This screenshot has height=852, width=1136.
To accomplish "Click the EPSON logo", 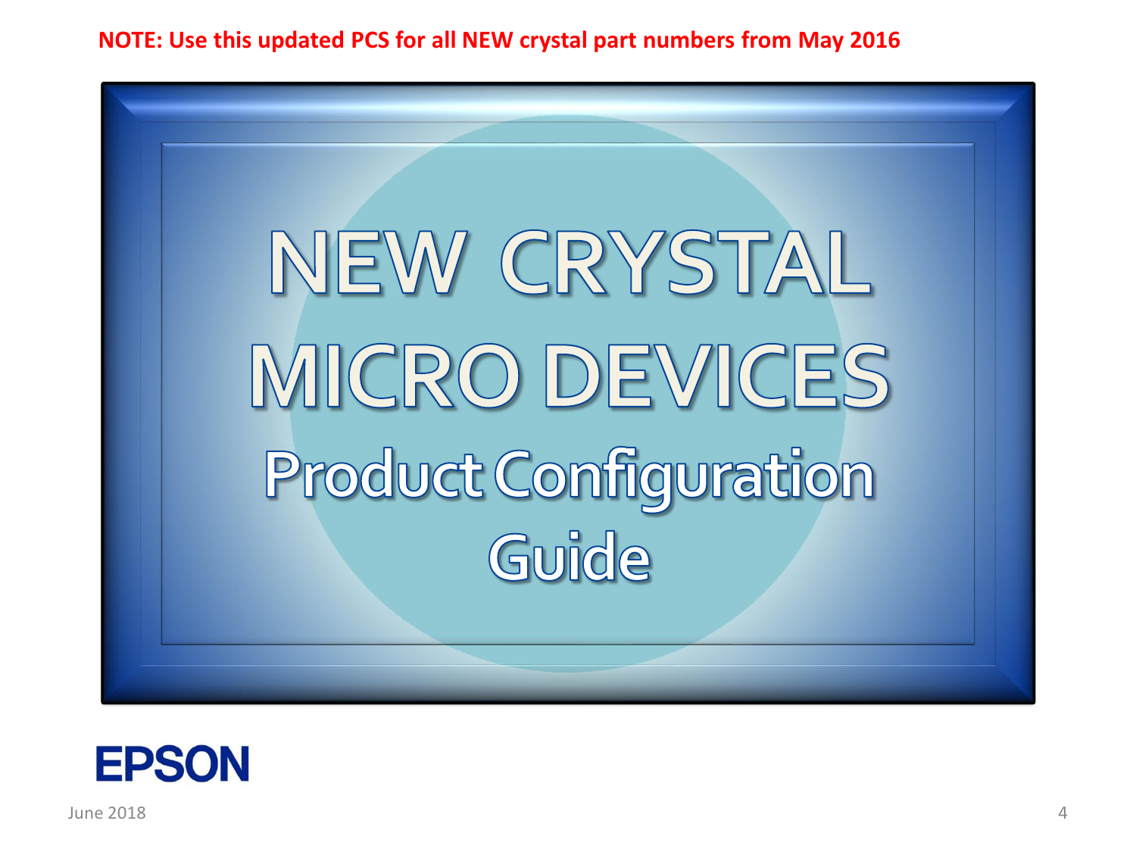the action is [x=173, y=763].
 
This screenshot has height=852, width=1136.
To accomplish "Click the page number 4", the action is [x=1063, y=813].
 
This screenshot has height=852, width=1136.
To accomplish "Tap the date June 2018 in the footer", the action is [x=107, y=813].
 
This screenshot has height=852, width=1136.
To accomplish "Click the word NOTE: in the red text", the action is [x=130, y=40].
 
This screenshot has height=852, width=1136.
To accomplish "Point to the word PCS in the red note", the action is [x=370, y=40].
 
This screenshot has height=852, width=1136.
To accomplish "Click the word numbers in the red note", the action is [x=688, y=40].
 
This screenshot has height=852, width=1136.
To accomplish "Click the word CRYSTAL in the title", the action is [x=686, y=263].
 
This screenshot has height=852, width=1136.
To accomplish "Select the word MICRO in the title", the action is [x=385, y=376].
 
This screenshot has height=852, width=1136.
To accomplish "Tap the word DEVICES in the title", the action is [x=716, y=376].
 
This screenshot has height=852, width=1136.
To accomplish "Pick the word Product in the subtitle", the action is [x=373, y=474].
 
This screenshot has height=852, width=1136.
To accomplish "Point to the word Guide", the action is [x=569, y=557].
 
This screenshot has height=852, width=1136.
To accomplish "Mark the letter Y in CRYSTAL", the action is [x=637, y=263].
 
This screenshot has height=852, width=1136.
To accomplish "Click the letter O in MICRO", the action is [x=488, y=376].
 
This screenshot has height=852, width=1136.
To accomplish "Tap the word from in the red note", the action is [x=766, y=40].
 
